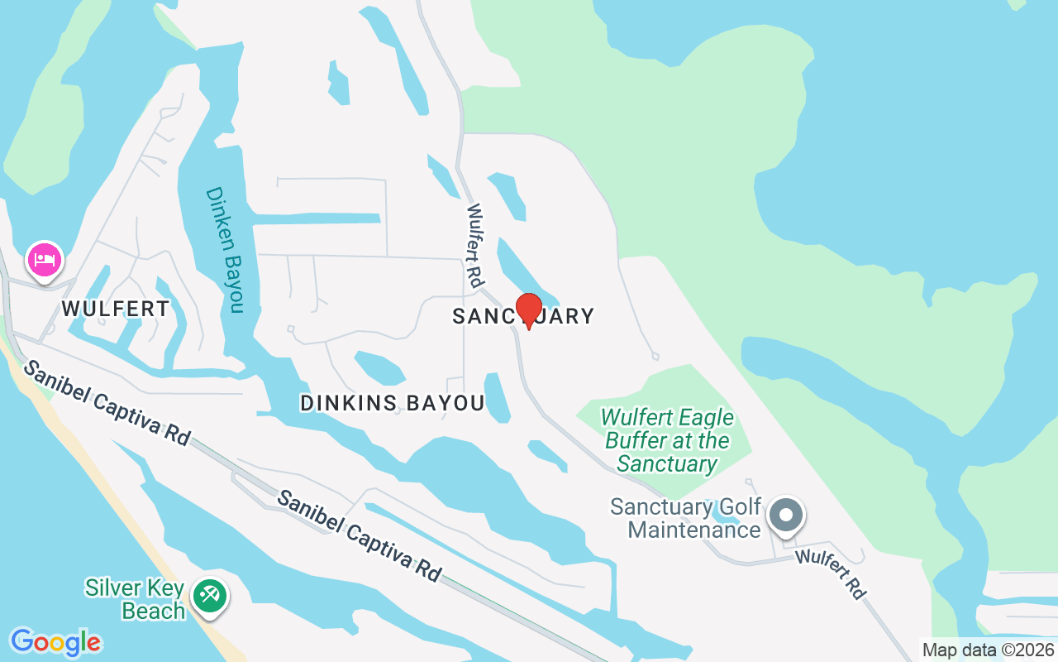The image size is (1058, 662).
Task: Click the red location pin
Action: point(529,309)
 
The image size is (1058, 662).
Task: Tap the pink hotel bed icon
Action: point(45,261)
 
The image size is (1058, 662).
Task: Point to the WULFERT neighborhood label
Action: point(116,309)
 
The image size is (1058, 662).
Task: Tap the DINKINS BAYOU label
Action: point(392,403)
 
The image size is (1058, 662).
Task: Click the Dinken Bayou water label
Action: point(226,250)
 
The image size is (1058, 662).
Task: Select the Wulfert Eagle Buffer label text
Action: point(667,440)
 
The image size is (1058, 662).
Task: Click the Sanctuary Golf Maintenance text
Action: point(685,518)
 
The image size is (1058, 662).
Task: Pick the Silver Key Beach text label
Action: point(135,600)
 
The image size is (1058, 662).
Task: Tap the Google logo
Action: point(55,642)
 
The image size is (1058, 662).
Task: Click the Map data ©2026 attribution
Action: point(988,650)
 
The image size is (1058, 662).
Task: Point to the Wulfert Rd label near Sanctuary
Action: point(474,246)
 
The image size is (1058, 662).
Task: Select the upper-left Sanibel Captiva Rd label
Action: point(107,402)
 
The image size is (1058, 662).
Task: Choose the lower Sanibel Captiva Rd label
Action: point(359,535)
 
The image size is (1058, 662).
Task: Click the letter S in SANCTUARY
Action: point(459,316)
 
